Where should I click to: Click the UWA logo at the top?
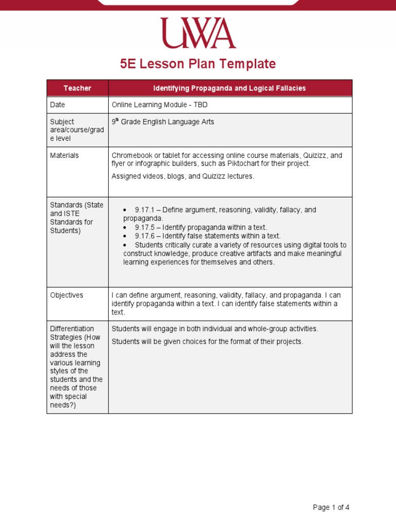[x=198, y=34]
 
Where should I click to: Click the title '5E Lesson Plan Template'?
[x=198, y=64]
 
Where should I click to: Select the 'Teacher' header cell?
[x=77, y=88]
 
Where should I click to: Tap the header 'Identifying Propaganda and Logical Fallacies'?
[x=230, y=88]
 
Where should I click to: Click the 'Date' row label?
[x=58, y=105]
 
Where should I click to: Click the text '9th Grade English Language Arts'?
[x=163, y=122]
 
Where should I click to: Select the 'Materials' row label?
[x=64, y=155]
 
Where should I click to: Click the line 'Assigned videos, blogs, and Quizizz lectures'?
[x=183, y=176]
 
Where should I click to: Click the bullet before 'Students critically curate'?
[x=125, y=245]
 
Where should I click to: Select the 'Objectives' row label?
[x=67, y=295]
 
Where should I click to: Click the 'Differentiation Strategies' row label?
[x=72, y=333]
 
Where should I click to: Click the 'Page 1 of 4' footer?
[x=331, y=507]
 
